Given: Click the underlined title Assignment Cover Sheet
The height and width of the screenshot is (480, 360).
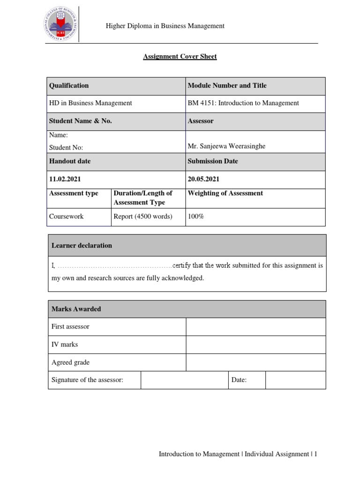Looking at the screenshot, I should click(180, 57).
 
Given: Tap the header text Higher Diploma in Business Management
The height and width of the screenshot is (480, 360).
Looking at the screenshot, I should click(165, 26).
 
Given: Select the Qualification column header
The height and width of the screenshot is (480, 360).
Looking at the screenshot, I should click(69, 86).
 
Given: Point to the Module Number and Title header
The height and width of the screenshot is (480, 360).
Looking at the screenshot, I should click(227, 86).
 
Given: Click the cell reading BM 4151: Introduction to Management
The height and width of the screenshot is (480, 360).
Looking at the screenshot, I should click(243, 103).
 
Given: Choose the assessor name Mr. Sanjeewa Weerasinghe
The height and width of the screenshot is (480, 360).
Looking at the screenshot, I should click(226, 146).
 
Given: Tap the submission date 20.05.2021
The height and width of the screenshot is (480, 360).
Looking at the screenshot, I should click(203, 179).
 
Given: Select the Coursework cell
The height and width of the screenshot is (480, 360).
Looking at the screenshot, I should click(67, 217).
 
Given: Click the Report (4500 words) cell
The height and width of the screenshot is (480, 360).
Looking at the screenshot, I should click(143, 217).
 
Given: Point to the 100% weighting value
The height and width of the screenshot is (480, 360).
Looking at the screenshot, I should click(196, 217).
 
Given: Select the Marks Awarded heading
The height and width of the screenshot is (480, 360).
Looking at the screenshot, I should click(76, 309).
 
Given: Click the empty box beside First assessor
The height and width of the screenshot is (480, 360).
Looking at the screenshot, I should click(255, 327).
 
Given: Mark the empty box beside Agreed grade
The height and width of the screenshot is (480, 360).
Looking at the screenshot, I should click(255, 362).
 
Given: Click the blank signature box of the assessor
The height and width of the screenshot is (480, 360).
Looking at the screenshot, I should click(184, 380).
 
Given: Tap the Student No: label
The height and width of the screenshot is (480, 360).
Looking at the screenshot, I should click(66, 148).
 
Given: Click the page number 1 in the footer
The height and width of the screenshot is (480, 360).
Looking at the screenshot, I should click(316, 454).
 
